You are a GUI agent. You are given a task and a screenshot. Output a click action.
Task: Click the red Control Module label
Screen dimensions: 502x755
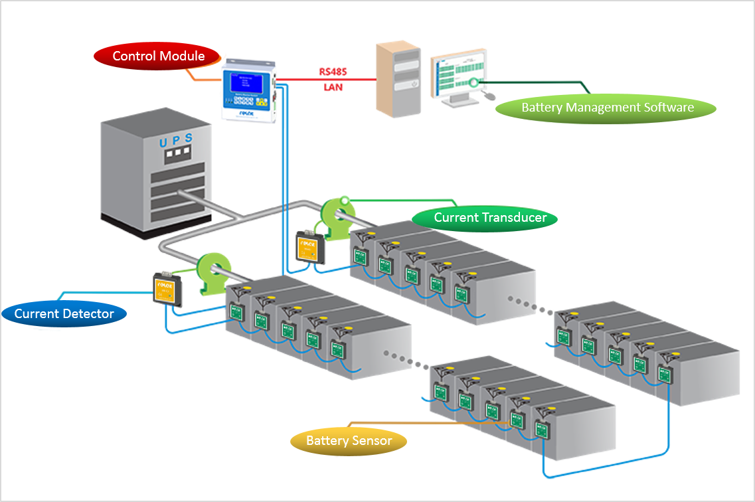[158, 56]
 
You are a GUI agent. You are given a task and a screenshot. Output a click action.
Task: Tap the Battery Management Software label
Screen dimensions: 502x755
[607, 107]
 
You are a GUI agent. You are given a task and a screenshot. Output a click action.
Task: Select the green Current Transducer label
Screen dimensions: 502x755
[489, 218]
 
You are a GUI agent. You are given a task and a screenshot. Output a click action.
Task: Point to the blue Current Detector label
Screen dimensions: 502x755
[64, 313]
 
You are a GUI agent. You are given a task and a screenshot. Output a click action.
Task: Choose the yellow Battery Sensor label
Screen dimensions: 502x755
[349, 440]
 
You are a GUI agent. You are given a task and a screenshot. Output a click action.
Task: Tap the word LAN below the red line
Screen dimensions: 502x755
[333, 87]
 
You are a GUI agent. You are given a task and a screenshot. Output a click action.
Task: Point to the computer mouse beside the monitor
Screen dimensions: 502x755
[489, 96]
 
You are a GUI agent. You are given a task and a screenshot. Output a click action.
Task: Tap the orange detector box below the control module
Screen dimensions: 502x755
[309, 247]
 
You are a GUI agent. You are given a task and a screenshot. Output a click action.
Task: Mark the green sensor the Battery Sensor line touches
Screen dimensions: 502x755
[517, 418]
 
